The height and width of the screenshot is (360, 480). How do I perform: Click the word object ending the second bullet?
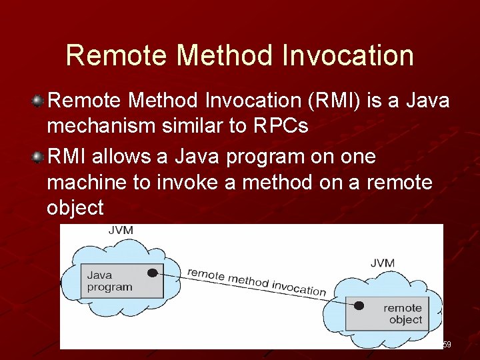pyautogui.click(x=75, y=208)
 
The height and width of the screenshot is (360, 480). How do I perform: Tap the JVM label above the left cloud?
pyautogui.click(x=120, y=231)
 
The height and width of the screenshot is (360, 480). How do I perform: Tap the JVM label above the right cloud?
pyautogui.click(x=382, y=263)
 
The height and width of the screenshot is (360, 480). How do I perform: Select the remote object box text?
pyautogui.click(x=403, y=313)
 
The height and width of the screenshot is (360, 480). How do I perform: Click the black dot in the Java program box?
pyautogui.click(x=153, y=273)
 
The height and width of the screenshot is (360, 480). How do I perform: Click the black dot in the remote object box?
pyautogui.click(x=359, y=306)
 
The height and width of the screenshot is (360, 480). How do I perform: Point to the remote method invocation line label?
pyautogui.click(x=257, y=281)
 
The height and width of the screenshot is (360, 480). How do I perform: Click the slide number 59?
pyautogui.click(x=447, y=345)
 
